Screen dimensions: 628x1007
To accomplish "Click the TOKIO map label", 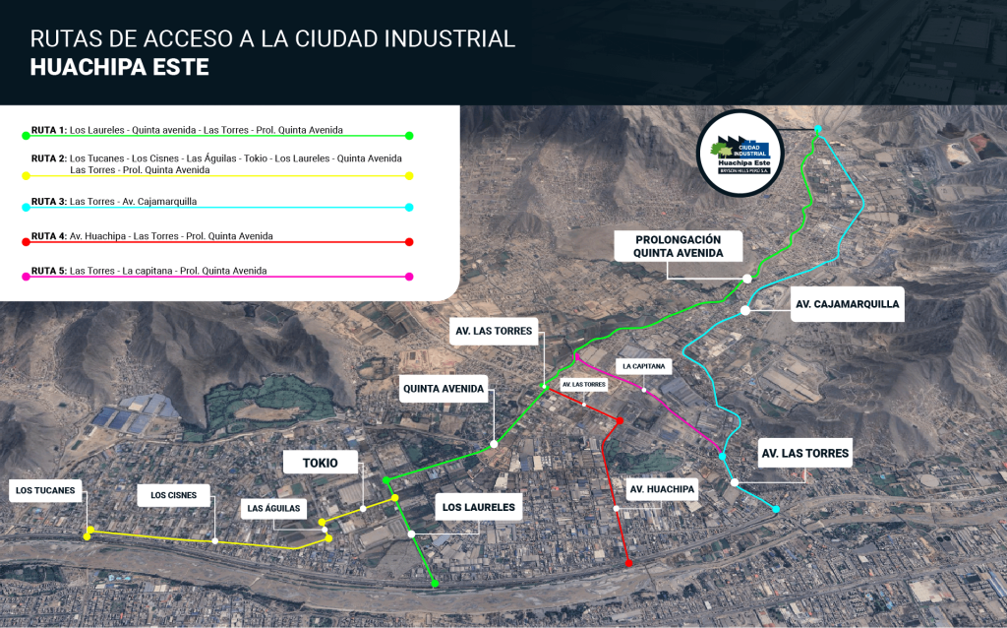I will click(321, 463).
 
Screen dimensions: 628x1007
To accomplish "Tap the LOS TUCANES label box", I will click(45, 490).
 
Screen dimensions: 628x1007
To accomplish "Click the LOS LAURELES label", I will click(479, 508).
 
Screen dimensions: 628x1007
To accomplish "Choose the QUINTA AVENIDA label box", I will click(443, 389).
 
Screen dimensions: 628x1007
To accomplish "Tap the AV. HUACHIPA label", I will click(663, 489).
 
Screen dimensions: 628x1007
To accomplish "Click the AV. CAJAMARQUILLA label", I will click(847, 304).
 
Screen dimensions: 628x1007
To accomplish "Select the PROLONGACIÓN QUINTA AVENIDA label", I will click(679, 246).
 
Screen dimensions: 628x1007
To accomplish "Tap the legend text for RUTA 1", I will click(187, 130).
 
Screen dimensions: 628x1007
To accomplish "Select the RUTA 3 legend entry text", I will click(114, 202).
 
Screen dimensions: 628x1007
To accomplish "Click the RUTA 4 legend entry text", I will click(152, 236).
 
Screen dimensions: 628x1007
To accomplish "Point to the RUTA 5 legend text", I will click(148, 271).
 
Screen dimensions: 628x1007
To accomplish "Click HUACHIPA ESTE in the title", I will click(119, 67).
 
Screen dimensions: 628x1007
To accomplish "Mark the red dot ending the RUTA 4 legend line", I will click(409, 242).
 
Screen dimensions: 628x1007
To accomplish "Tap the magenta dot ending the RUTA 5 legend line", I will click(409, 277).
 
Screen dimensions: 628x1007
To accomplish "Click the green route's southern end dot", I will click(434, 585).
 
